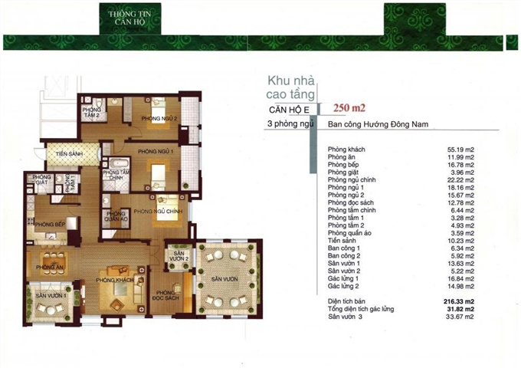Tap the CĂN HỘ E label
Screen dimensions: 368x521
click(x=284, y=110)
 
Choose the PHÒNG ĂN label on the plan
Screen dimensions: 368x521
click(x=48, y=267)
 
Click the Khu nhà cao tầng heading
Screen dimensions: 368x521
click(x=290, y=87)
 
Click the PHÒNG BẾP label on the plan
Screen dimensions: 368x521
click(x=47, y=225)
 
